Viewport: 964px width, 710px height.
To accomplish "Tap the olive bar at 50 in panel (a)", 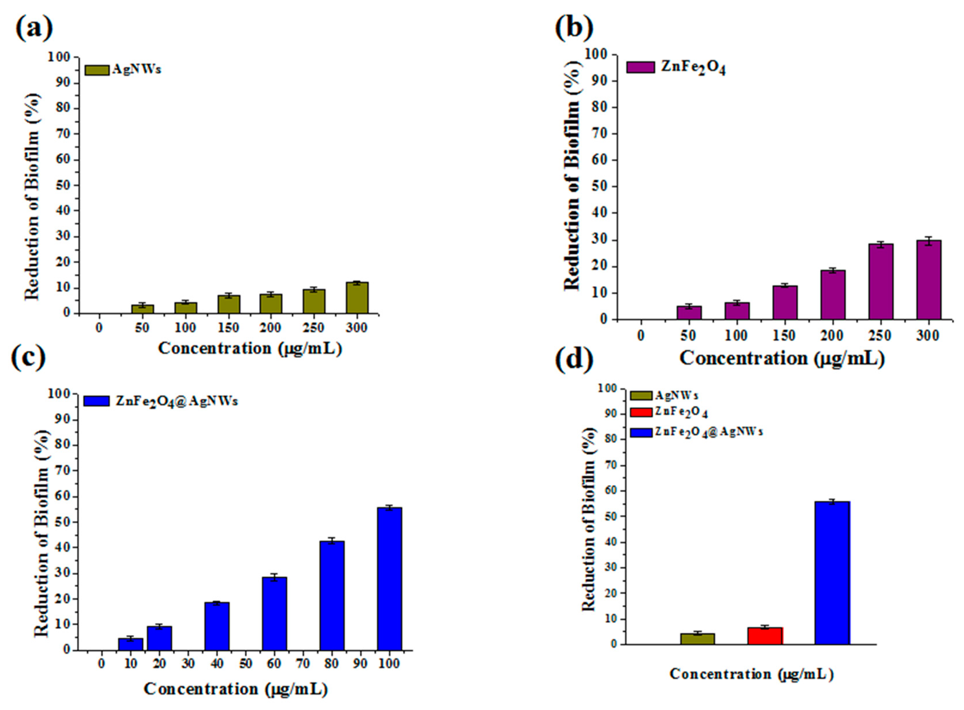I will pos(142,309).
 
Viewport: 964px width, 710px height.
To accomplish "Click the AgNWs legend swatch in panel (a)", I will pos(97,70).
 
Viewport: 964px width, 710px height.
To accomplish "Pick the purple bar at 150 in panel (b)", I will pos(785,303).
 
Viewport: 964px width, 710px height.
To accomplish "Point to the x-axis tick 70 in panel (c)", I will pos(303,664).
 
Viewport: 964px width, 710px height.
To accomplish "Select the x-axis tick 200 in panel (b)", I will pos(832,336).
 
